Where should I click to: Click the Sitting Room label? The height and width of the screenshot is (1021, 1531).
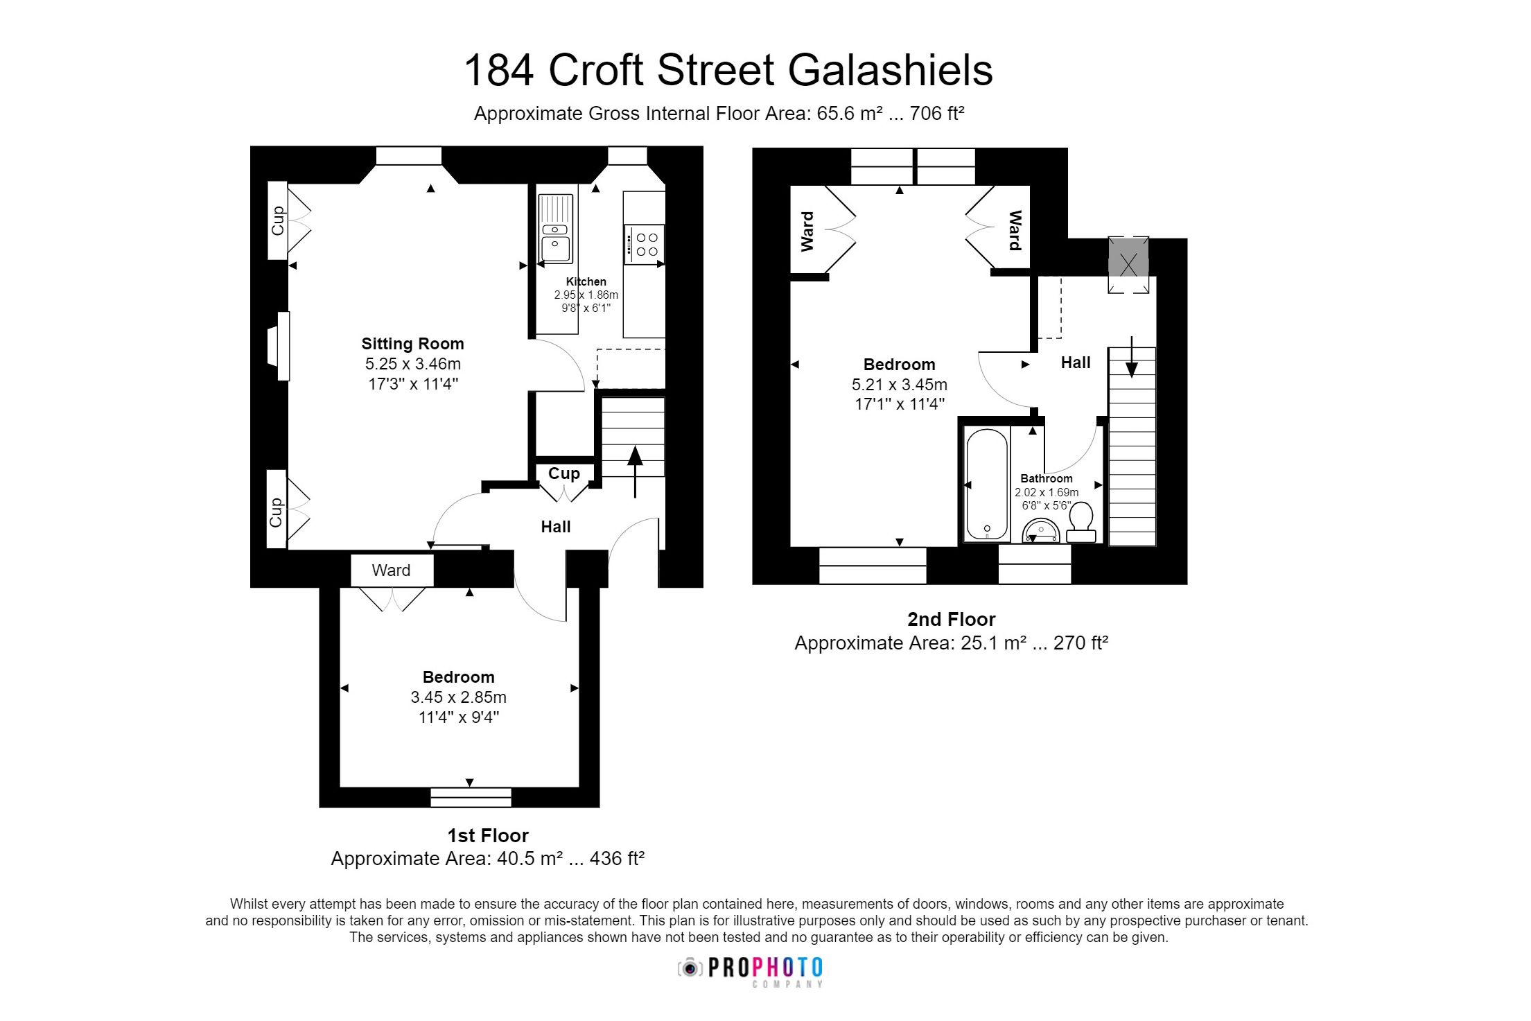[x=412, y=344]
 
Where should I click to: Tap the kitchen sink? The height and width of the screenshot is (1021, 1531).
[x=556, y=229]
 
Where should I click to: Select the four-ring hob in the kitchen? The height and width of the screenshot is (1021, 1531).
[x=645, y=244]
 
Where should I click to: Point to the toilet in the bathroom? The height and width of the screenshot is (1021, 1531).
[x=1081, y=522]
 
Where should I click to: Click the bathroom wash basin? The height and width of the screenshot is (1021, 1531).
[x=1040, y=531]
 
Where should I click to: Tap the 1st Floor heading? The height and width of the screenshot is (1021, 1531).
[x=488, y=835]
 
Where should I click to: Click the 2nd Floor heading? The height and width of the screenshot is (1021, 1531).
[x=951, y=619]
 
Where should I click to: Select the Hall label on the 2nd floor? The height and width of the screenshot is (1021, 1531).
[x=1075, y=363]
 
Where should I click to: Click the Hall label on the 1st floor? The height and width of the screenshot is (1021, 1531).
[x=555, y=527]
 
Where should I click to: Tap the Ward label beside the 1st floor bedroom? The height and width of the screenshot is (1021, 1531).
[x=391, y=570]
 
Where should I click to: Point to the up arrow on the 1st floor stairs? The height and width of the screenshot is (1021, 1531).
[x=634, y=471]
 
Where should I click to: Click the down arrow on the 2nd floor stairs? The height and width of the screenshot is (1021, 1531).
[x=1131, y=357]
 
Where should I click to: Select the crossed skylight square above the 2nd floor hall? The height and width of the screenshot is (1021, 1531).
[x=1128, y=265]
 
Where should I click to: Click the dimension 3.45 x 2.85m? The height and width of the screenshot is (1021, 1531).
[x=458, y=697]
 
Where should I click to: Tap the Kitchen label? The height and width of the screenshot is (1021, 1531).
[x=586, y=281]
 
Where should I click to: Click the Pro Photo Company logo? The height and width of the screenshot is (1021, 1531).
[x=751, y=970]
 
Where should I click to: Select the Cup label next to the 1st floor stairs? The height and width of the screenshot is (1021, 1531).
[x=563, y=473]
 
